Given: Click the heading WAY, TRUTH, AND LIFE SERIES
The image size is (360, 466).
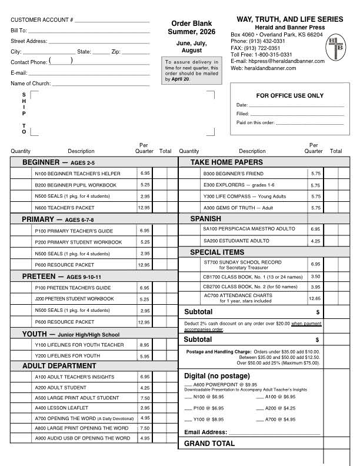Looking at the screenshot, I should pos(290,19).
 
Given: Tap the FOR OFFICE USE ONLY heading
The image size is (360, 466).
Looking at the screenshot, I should pos(290,95).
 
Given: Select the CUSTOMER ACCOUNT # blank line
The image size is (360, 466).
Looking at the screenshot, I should pos(112,21).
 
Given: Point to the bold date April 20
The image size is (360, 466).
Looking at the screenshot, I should pos(181,79).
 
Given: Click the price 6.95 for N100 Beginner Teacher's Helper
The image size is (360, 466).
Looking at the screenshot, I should pos(145,174).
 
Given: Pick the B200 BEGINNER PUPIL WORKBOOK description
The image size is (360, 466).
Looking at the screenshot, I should pos(75,185).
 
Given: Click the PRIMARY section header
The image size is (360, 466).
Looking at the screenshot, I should pos(39,219).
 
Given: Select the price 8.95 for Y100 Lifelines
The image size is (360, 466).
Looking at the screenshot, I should pos(145,345).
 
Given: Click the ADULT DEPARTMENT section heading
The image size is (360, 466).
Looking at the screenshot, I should pos(59,366).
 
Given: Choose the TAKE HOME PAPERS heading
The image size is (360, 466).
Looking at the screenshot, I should pos(226,162).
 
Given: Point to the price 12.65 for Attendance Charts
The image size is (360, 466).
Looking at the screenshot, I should pos(315,298).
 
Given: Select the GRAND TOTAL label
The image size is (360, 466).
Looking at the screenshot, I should pos(205,443).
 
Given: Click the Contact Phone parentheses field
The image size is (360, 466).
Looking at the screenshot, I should pos(61,61).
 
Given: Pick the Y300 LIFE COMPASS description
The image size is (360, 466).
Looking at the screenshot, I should pos(245,196).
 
